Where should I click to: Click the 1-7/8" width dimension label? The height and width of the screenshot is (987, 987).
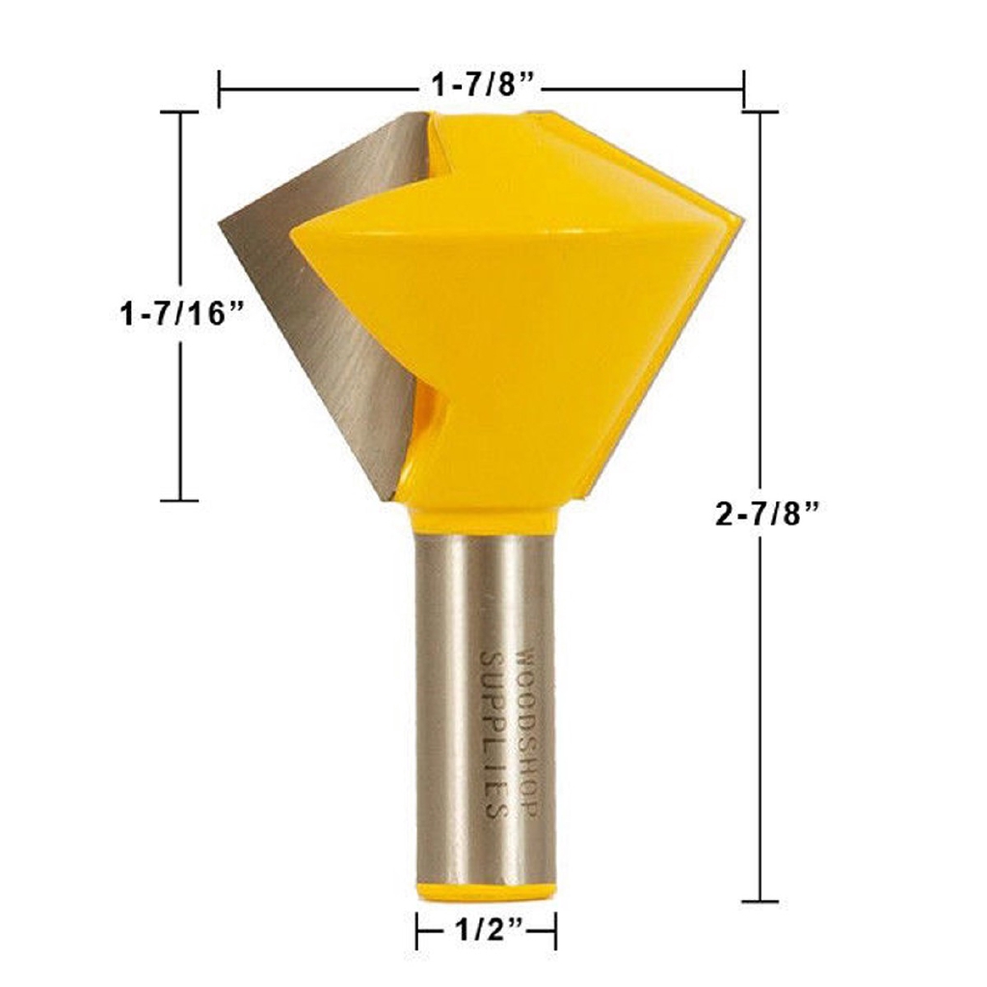point(482,86)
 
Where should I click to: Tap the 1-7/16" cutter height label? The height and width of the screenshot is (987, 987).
point(181,313)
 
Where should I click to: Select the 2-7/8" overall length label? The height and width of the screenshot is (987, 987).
point(766,514)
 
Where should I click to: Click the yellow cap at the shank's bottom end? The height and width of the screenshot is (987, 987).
point(486,892)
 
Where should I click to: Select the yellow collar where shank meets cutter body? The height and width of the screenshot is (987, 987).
point(485,520)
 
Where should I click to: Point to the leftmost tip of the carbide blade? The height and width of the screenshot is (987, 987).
point(219,223)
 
